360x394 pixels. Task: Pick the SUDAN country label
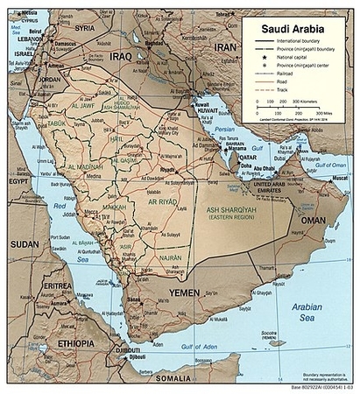(24, 244)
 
